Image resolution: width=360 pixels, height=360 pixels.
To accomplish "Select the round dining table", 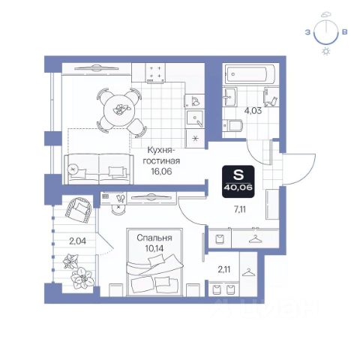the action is (x=119, y=109).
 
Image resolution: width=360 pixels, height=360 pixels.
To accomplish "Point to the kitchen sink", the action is (x=195, y=119).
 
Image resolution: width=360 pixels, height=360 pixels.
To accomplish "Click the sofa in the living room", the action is (x=99, y=169).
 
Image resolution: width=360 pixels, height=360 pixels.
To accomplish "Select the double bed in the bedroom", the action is (x=154, y=262).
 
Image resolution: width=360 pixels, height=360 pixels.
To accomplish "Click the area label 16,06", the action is (x=161, y=171).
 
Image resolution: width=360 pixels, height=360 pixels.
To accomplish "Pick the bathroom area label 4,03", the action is (x=253, y=111).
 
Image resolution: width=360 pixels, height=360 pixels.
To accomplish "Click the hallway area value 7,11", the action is (x=239, y=209).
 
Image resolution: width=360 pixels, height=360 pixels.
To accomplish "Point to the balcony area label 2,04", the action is (x=77, y=241).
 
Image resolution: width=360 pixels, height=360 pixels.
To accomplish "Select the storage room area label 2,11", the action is (x=224, y=269).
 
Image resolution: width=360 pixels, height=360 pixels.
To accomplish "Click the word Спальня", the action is (x=154, y=238).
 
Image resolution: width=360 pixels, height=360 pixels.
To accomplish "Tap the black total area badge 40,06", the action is (x=238, y=181).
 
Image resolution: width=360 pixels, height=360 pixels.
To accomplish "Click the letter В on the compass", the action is (x=345, y=32).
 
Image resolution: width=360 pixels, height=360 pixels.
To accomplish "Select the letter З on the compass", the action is (x=307, y=32).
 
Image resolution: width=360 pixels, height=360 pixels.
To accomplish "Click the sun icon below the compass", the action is (x=326, y=51).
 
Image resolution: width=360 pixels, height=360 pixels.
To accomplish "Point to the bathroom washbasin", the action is (x=229, y=97).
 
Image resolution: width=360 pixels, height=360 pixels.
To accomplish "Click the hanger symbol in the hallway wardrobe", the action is (x=256, y=239).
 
